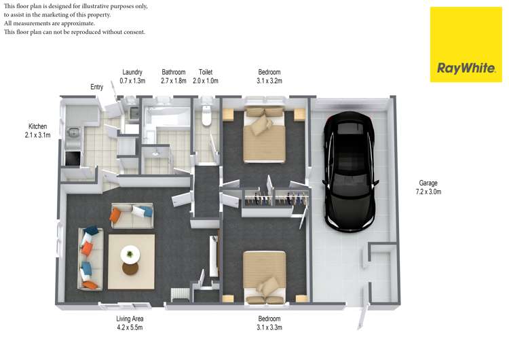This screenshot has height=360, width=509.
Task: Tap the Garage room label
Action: [x=428, y=183]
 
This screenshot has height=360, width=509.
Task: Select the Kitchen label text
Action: [x=38, y=126]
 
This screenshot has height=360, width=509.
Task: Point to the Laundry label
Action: [x=132, y=72]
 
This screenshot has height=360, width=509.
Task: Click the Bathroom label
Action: [x=173, y=72]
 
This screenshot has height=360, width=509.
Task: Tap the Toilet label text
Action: [x=206, y=72]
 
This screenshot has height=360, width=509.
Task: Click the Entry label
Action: [x=97, y=87]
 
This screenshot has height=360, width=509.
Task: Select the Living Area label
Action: [x=130, y=319]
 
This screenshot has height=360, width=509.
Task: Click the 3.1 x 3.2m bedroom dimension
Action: [x=269, y=81]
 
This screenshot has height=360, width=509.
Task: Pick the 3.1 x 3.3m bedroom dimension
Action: [x=269, y=327]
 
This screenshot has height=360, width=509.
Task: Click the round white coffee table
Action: [x=130, y=255]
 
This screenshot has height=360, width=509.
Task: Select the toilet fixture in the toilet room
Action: [x=206, y=115]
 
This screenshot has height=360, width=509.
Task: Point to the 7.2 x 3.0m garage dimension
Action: [x=428, y=192]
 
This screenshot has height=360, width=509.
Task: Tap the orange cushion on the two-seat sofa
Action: [x=116, y=216]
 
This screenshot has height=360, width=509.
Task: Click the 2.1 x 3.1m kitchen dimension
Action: [x=38, y=135]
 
